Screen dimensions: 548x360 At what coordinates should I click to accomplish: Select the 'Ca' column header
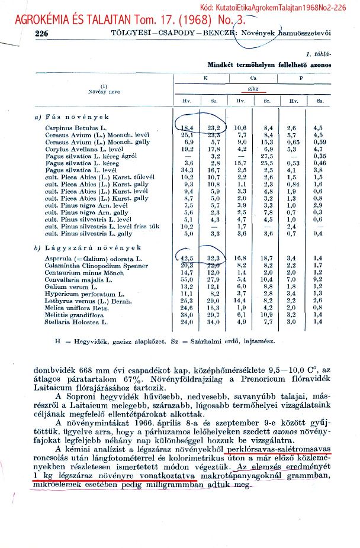coord(253,78)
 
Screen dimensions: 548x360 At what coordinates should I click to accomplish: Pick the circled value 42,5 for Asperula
coord(188,259)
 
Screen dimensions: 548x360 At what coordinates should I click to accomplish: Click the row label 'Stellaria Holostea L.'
coord(75,323)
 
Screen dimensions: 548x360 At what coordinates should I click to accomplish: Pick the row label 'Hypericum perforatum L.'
coord(80,294)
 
